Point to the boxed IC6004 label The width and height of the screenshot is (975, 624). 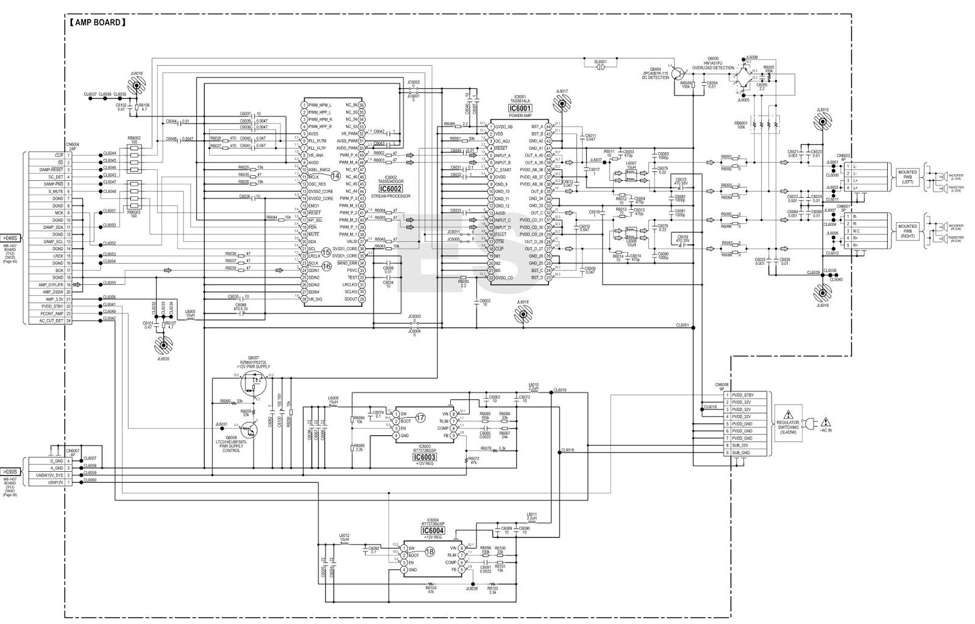[433, 530]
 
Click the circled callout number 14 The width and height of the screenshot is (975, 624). [335, 175]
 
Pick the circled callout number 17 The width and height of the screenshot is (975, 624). [420, 418]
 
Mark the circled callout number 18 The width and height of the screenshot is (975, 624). [429, 552]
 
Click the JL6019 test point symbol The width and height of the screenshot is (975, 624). [136, 86]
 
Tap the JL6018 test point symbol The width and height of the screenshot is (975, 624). [523, 315]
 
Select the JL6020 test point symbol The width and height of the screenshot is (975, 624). [164, 346]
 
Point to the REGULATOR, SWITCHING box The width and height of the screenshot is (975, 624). [787, 422]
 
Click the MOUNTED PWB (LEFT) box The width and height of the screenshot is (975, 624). [907, 177]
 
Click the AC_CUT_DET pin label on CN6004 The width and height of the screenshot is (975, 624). [51, 321]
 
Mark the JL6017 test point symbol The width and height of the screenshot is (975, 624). [561, 104]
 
